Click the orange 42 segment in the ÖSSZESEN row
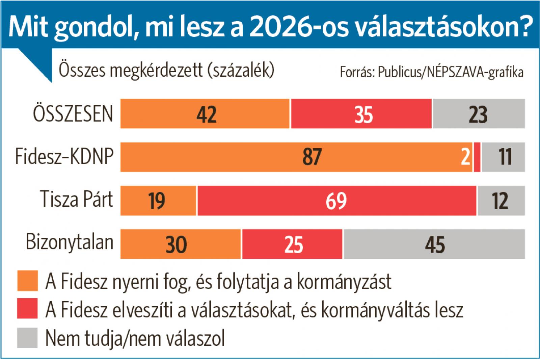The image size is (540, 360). coord(205,114)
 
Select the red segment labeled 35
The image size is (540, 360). coord(361,114)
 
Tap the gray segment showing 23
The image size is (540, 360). coord(479,114)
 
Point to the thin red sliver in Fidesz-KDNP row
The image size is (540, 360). coord(477,157)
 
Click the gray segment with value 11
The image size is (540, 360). coord(503,157)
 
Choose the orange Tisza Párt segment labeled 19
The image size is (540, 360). coord(158,201)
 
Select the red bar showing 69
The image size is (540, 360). coord(336,201)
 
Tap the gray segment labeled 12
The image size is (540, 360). coord(501,201)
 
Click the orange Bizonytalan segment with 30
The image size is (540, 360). coord(181,244)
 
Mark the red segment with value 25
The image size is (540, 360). coord(292,244)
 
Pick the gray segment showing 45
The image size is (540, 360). coord(434,244)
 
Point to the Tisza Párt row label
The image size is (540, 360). coord(77,199)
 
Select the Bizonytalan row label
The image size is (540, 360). coord(70,243)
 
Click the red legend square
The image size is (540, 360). coord(27,309)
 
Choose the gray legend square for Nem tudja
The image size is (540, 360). coord(27,338)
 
